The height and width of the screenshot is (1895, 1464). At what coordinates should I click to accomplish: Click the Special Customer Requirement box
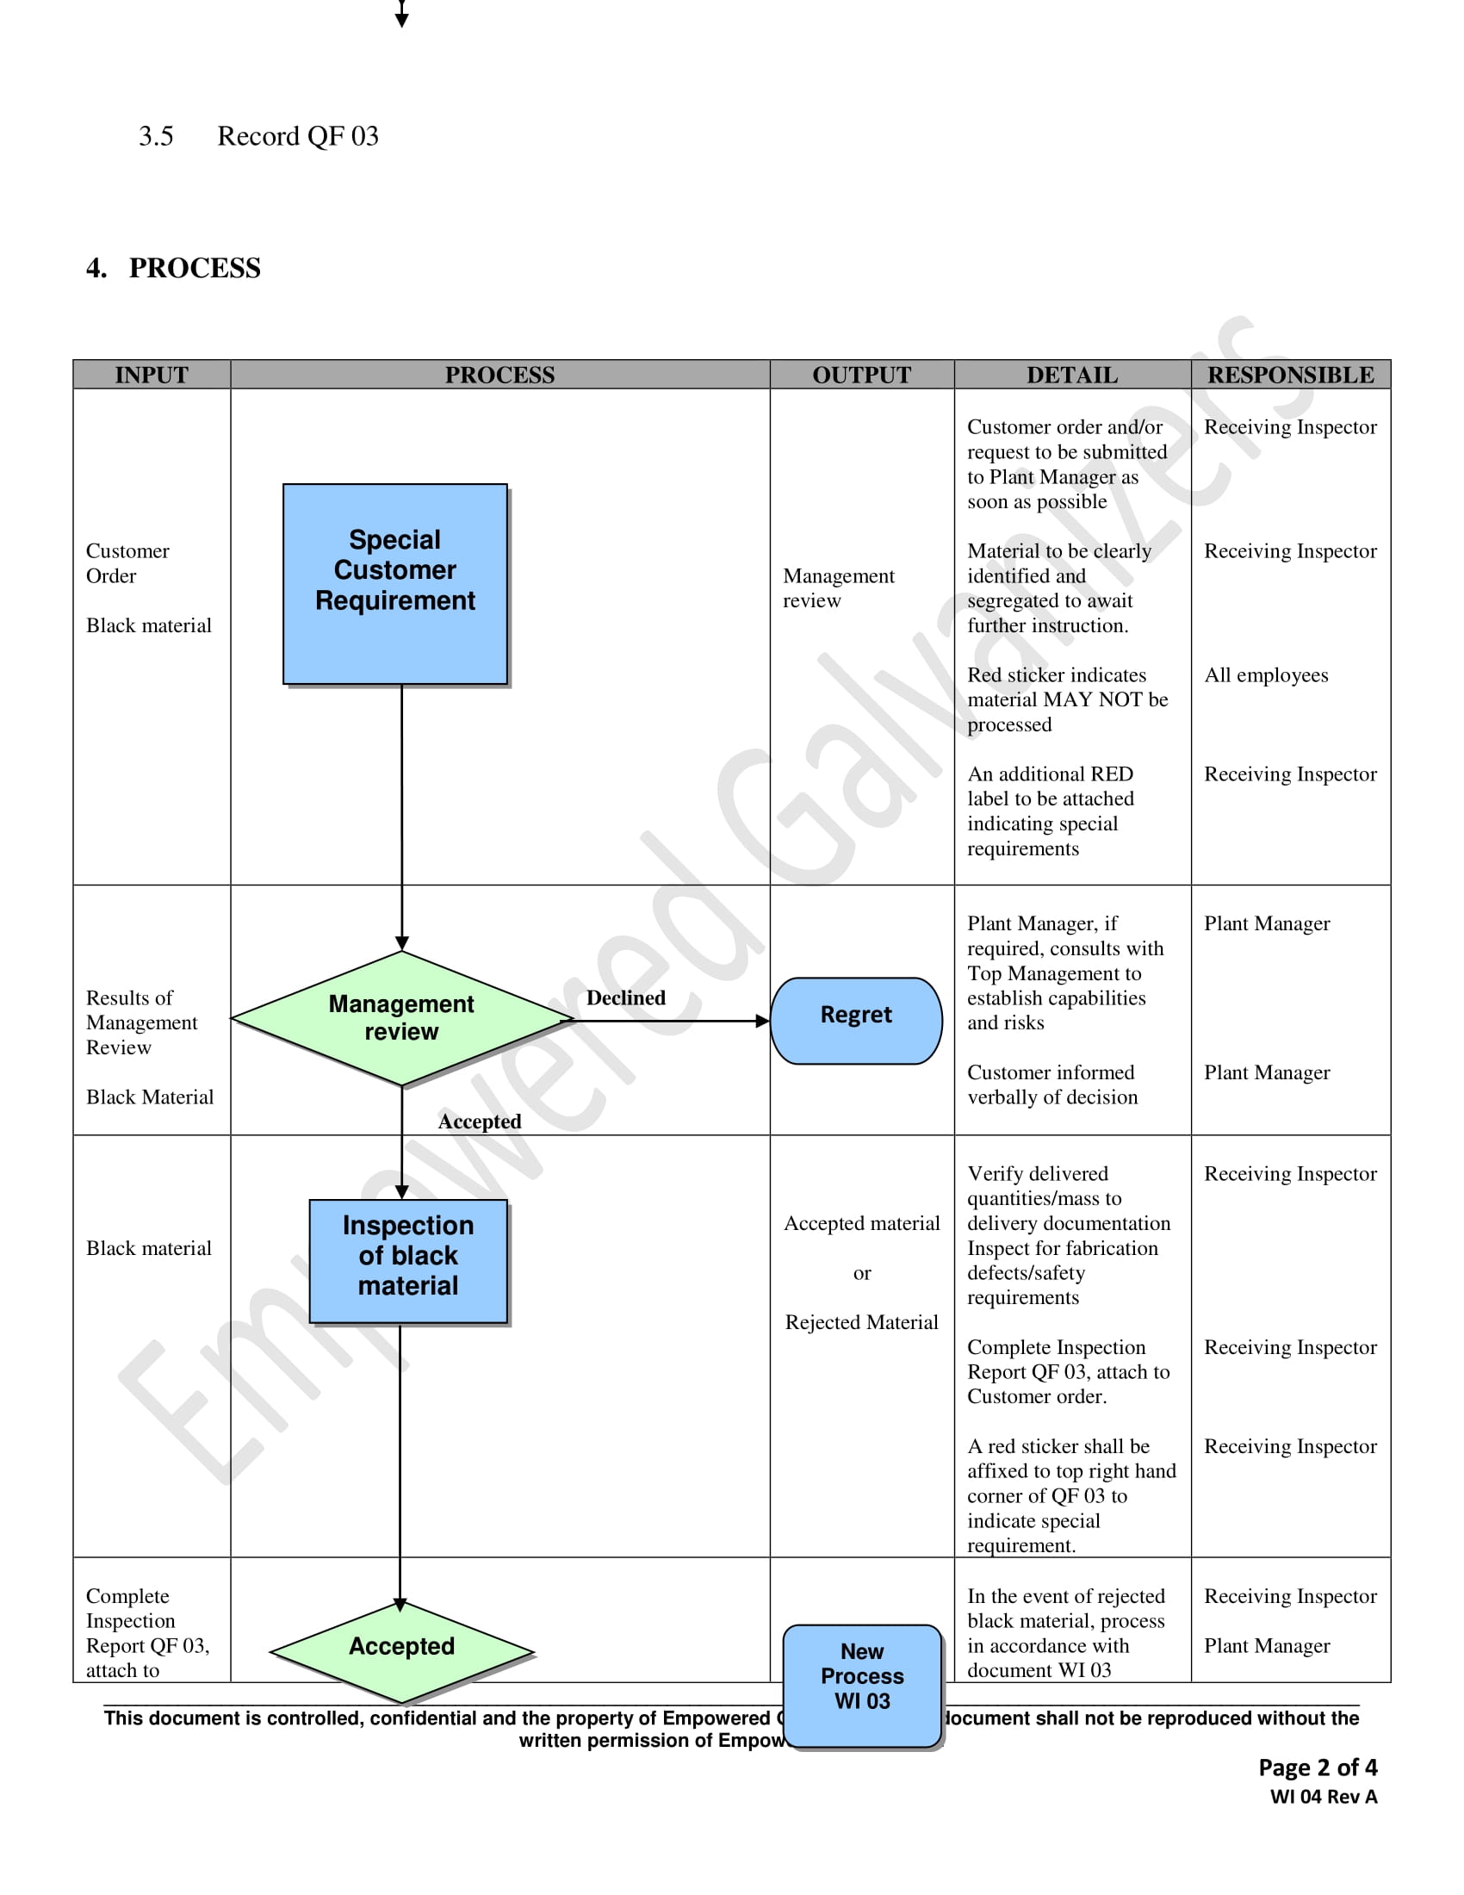[x=394, y=583]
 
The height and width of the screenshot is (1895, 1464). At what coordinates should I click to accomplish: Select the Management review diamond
[x=400, y=1018]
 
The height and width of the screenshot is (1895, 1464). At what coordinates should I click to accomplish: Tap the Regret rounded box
[x=855, y=1020]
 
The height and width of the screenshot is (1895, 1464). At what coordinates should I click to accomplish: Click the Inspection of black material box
[x=407, y=1260]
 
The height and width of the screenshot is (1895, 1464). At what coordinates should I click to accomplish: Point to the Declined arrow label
[x=625, y=997]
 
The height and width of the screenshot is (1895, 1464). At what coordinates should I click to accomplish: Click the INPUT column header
[x=151, y=375]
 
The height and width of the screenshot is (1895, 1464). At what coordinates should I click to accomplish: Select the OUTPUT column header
[x=861, y=375]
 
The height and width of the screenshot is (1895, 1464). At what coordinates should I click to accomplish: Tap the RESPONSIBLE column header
[x=1290, y=375]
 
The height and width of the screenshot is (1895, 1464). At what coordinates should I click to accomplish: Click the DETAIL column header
[x=1072, y=375]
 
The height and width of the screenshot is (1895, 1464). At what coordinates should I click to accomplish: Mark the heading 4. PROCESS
[x=173, y=268]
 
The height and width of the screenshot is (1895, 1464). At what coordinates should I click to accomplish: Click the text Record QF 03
[x=297, y=136]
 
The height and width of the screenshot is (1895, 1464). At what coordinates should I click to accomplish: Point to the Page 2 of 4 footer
[x=1317, y=1768]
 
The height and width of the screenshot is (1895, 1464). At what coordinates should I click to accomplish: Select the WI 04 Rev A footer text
[x=1323, y=1797]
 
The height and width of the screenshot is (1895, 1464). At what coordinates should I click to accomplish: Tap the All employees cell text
[x=1265, y=675]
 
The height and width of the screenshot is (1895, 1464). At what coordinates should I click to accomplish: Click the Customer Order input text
[x=127, y=563]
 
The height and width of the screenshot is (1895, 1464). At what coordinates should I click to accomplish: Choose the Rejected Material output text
[x=861, y=1322]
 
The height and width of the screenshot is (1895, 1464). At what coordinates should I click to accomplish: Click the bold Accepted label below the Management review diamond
[x=479, y=1121]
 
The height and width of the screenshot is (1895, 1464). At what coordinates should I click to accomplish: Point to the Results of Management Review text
[x=140, y=1022]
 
